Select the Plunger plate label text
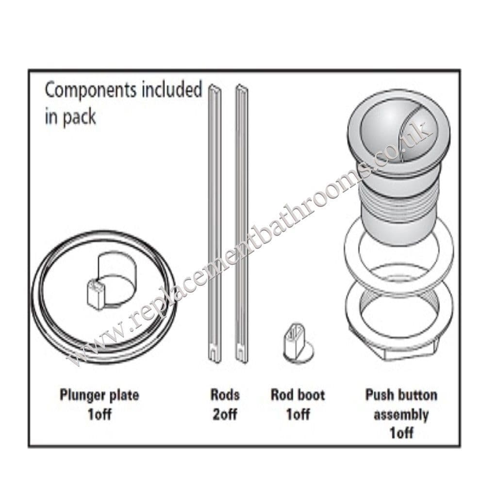(x=99, y=395)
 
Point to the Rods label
(x=225, y=395)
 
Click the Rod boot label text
(x=298, y=395)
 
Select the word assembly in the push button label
(x=401, y=414)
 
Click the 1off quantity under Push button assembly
(x=401, y=432)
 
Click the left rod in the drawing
(x=214, y=218)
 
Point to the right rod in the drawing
(x=241, y=218)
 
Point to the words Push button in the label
(x=401, y=395)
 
